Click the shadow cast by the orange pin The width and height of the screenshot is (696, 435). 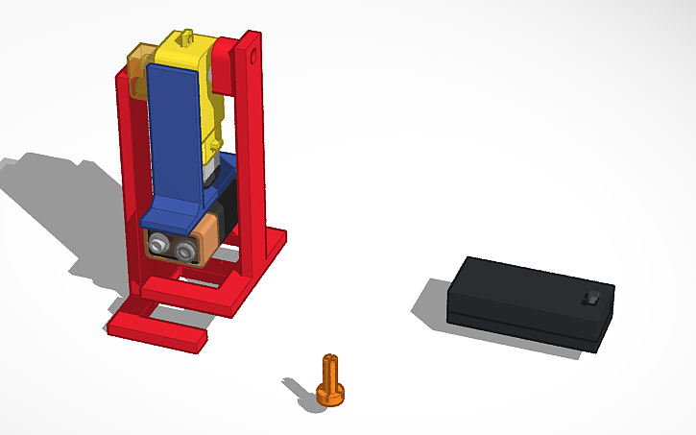[299, 387]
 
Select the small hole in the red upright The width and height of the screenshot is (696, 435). [254, 57]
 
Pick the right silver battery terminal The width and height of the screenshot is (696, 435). [181, 250]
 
